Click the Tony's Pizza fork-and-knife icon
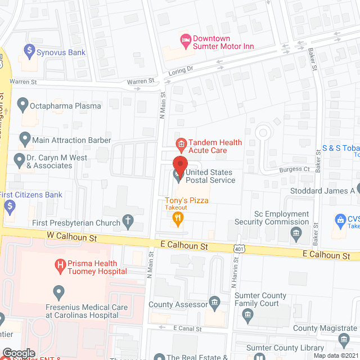pyautogui.click(x=178, y=219)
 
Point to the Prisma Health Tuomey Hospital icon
pyautogui.click(x=58, y=264)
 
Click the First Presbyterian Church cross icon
pyautogui.click(x=128, y=222)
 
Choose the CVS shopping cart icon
pyautogui.click(x=339, y=219)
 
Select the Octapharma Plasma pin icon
pyautogui.click(x=23, y=105)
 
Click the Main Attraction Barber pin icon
pyautogui.click(x=25, y=139)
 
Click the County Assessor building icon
pyautogui.click(x=214, y=304)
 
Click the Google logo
pyautogui.click(x=19, y=353)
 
